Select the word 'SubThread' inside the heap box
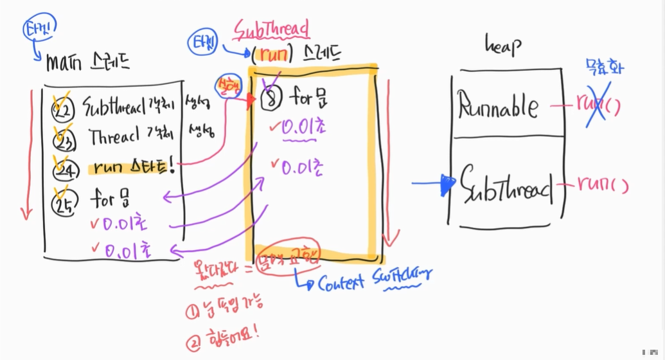[x=505, y=186]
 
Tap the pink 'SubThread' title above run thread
[x=271, y=29]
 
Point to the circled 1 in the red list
[x=193, y=313]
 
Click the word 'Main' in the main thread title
[x=66, y=62]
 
